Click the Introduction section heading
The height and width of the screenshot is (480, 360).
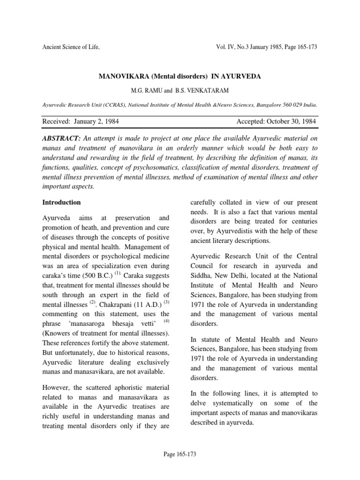click(x=61, y=202)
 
